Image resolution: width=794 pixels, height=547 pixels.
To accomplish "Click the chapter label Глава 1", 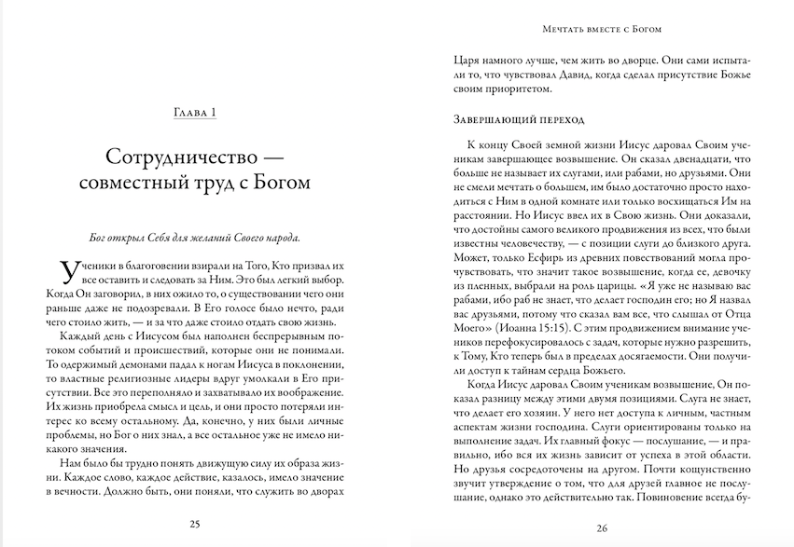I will pos(196,114).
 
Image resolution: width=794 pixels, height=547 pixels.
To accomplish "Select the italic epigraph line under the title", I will pos(196,230).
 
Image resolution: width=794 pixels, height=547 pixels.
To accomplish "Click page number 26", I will pos(601,528).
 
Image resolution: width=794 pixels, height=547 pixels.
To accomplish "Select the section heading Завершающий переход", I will pos(518,120).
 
